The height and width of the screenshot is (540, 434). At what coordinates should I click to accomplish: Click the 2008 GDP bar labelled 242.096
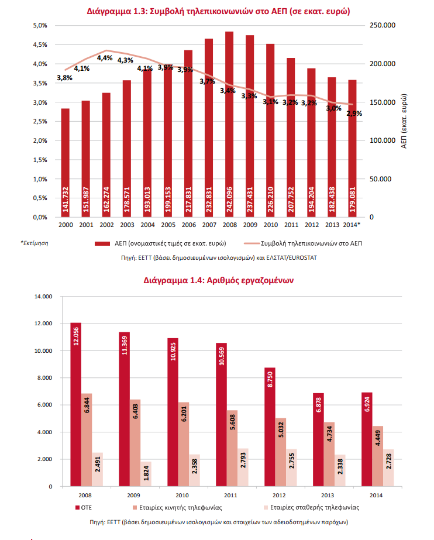click(x=229, y=125)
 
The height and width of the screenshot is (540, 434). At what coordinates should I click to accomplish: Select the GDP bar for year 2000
click(x=66, y=163)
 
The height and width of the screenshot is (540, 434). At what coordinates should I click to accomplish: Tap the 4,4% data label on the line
click(x=105, y=58)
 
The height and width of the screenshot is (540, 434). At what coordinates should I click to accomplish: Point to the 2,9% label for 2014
click(x=354, y=113)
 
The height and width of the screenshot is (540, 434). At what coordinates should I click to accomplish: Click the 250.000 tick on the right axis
click(x=383, y=25)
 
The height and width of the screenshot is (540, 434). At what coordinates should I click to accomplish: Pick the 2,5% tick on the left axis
click(x=40, y=121)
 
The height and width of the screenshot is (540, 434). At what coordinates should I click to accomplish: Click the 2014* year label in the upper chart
click(x=352, y=225)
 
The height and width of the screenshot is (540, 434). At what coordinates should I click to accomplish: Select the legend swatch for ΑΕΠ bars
click(x=102, y=243)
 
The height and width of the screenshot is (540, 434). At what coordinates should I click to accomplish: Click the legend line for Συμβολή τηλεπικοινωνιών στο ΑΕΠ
click(x=252, y=243)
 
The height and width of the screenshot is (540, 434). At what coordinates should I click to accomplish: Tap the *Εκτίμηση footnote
click(x=35, y=243)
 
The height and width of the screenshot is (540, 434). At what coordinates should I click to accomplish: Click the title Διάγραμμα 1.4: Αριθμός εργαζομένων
click(x=219, y=280)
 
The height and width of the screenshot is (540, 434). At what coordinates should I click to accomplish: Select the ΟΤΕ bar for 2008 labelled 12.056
click(x=75, y=404)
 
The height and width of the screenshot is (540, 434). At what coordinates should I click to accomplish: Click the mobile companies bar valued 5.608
click(x=232, y=448)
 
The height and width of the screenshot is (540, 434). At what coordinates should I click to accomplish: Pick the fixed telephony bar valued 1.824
click(x=146, y=474)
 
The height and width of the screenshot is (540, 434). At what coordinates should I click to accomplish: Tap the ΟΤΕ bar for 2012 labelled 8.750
click(x=270, y=427)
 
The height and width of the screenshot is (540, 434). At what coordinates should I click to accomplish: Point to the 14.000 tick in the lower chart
click(x=43, y=297)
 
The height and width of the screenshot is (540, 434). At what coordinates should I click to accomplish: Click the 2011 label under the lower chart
click(x=230, y=495)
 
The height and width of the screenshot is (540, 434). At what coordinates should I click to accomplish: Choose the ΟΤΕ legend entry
click(x=84, y=508)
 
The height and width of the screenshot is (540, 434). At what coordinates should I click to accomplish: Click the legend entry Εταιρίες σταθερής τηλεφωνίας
click(x=312, y=508)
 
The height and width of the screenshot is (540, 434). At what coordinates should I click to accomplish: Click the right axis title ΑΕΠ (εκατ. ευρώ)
click(x=404, y=121)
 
